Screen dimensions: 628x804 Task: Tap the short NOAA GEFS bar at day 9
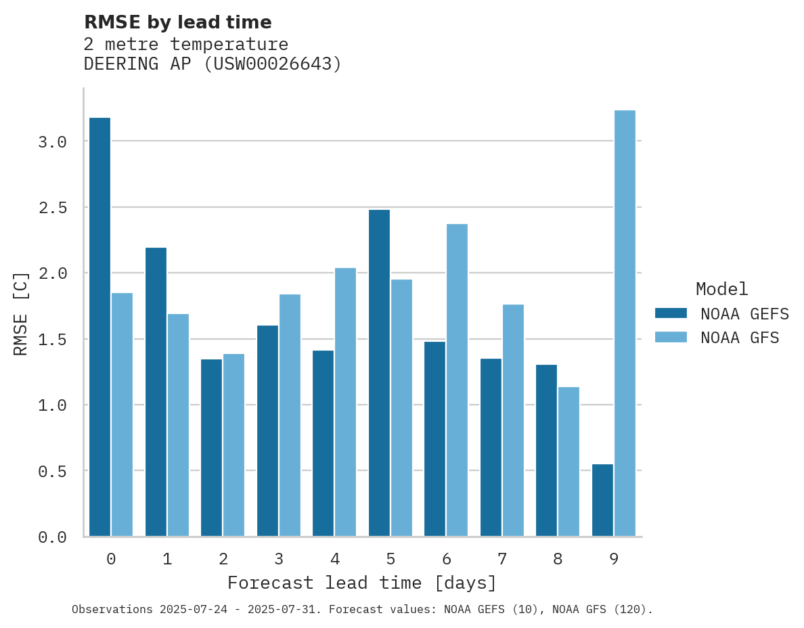pos(602,500)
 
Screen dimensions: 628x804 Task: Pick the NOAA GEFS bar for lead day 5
pos(379,373)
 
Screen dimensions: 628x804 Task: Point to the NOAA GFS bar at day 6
pos(457,380)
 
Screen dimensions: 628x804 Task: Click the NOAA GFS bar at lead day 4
pos(345,402)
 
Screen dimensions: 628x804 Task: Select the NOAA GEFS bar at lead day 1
pos(156,392)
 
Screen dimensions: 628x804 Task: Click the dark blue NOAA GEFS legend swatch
pos(671,313)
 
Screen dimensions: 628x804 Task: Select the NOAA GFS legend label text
pos(740,337)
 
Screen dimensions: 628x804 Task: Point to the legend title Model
pos(721,289)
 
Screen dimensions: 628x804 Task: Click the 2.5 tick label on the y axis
pos(53,207)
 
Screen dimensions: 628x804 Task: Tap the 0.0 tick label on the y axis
pos(53,537)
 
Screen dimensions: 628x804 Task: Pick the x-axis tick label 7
pos(501,559)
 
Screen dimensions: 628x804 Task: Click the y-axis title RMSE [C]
pos(21,313)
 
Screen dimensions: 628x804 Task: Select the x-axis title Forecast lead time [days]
pos(362,583)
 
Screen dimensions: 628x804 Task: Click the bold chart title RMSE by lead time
pos(177,22)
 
